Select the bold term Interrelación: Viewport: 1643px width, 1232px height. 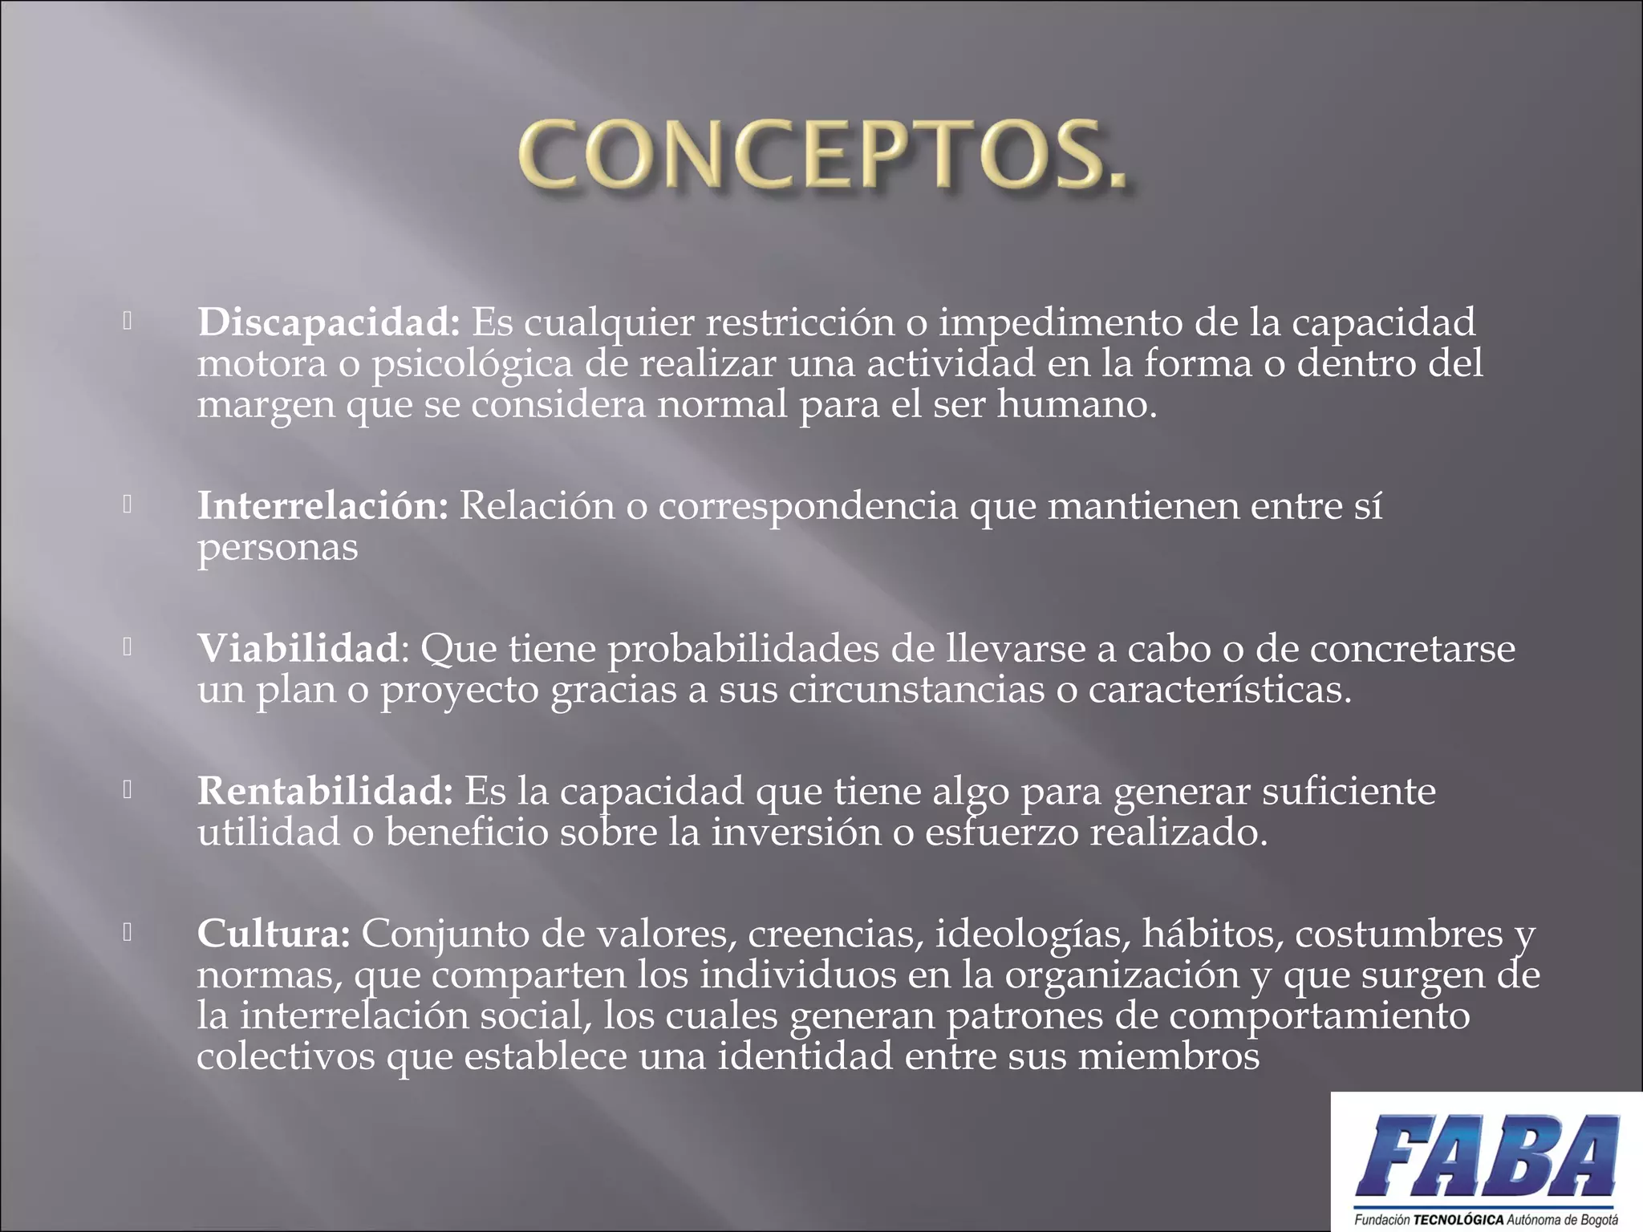323,506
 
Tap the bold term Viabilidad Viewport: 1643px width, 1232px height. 298,648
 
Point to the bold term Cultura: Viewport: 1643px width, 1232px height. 274,934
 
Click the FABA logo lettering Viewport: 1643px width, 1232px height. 1487,1157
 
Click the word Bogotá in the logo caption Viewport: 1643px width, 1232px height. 1598,1220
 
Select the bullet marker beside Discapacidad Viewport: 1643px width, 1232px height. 128,322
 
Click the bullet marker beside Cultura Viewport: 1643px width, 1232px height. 128,932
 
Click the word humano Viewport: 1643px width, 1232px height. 1077,404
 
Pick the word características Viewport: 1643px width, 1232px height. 1219,690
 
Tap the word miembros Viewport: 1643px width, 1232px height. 1169,1056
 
